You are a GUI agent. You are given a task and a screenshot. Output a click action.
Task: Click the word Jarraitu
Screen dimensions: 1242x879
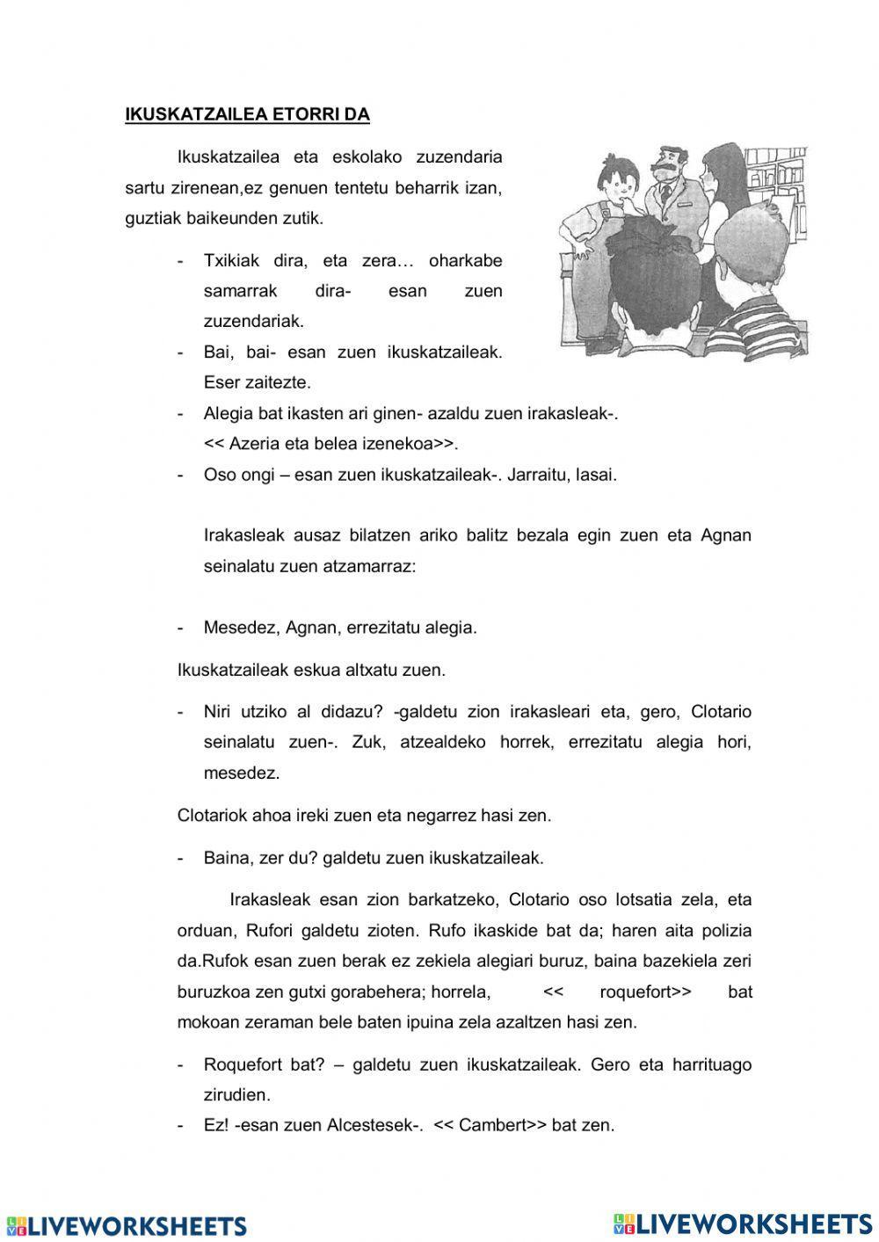(537, 475)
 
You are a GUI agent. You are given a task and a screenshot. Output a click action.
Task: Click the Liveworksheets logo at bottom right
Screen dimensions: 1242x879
(743, 1224)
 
